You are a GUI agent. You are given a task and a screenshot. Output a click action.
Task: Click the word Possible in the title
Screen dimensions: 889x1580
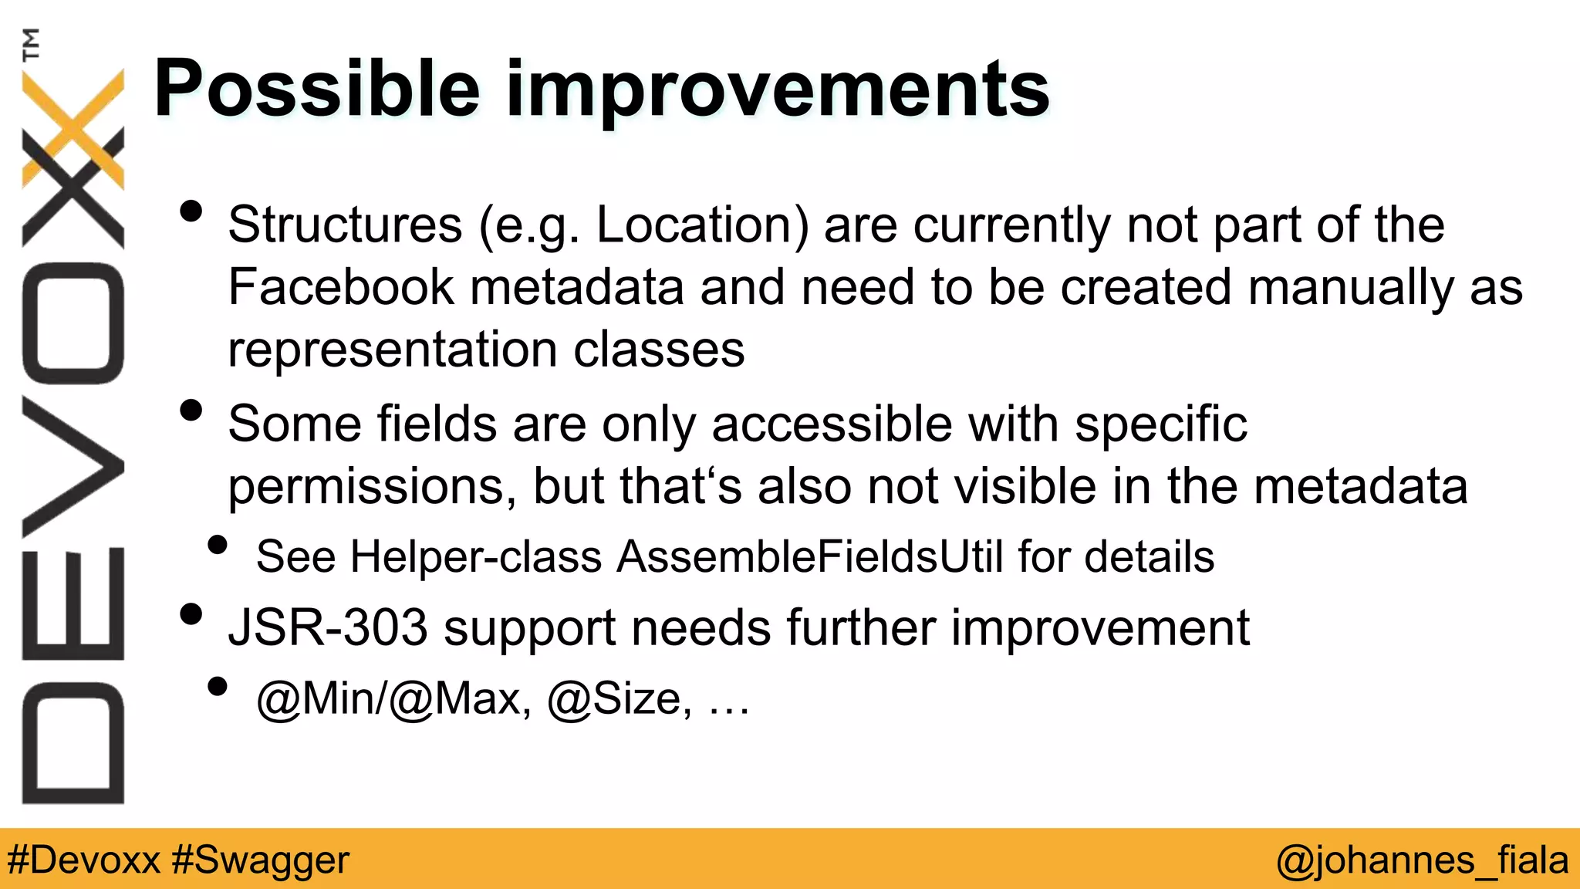pos(316,90)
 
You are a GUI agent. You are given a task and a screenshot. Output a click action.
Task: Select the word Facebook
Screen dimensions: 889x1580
pos(341,287)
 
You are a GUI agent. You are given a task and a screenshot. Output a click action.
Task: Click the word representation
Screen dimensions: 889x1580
pos(392,349)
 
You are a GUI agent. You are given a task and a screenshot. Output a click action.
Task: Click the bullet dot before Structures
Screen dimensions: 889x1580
pos(191,211)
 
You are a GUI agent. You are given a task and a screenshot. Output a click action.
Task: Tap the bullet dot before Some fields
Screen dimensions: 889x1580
pos(191,411)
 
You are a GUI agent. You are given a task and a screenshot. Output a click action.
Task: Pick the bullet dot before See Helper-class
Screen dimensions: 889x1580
pos(218,546)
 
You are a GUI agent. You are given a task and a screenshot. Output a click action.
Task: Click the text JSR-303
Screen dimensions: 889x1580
pos(328,627)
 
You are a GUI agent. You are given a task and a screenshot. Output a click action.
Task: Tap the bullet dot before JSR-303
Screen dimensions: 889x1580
pos(191,614)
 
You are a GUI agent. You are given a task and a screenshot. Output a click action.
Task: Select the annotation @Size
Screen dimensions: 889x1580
pos(614,698)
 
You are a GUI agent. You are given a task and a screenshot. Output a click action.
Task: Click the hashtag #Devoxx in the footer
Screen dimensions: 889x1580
pos(83,860)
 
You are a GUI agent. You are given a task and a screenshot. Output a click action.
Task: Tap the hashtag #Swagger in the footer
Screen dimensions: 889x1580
pos(261,860)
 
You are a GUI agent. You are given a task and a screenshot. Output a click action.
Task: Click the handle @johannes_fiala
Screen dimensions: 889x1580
pos(1422,860)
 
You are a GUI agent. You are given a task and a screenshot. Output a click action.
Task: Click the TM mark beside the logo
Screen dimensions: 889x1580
pos(31,44)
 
